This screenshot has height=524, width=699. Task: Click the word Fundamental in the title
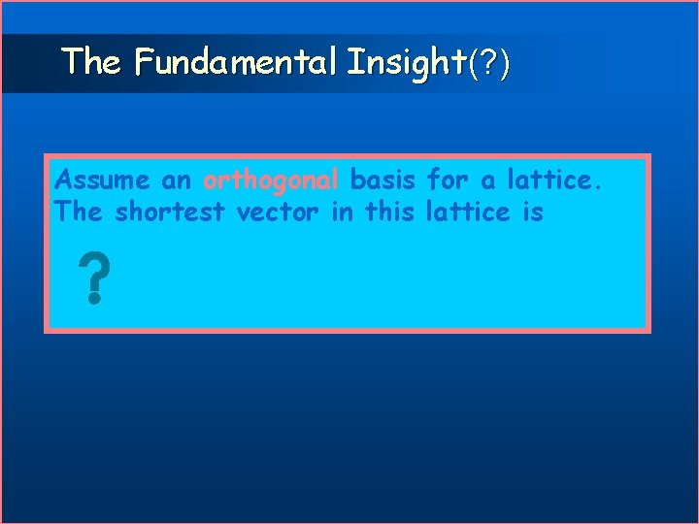tap(235, 63)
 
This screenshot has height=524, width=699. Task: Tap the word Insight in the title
tap(406, 63)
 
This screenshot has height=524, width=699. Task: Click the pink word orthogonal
tap(271, 180)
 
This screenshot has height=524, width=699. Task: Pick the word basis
tap(383, 180)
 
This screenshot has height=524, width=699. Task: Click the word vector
tap(279, 213)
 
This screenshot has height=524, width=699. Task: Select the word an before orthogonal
tap(178, 180)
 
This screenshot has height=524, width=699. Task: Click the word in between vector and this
tap(342, 213)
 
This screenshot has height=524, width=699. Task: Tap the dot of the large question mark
tap(92, 300)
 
